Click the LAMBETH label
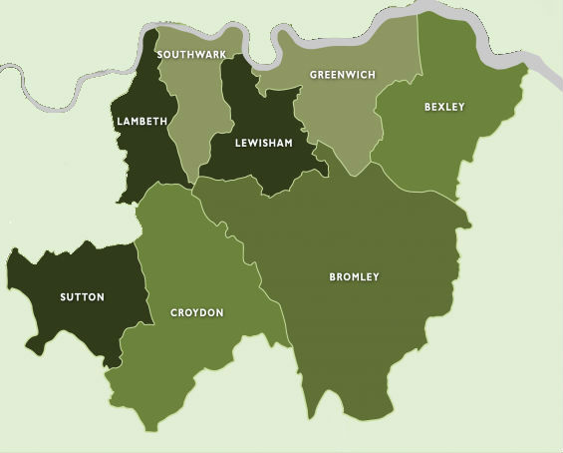(141, 121)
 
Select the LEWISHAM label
(263, 143)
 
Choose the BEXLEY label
(443, 106)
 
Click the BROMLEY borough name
(354, 276)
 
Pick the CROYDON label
(196, 312)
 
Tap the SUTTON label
(82, 296)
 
